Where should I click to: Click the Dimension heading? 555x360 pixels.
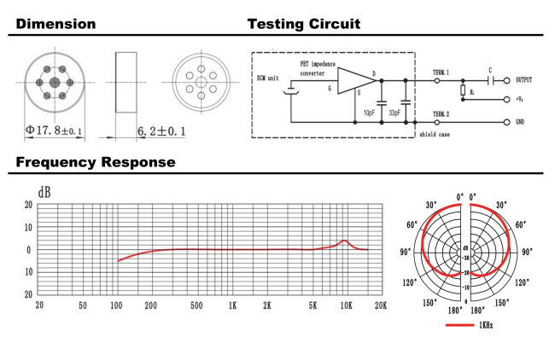[56, 24]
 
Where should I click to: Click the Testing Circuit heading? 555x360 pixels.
[303, 24]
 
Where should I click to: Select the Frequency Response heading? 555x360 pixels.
[96, 161]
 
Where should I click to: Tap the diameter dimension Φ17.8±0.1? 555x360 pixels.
[55, 132]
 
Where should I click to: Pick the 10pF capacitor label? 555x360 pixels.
[369, 112]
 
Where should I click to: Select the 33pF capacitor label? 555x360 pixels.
[395, 112]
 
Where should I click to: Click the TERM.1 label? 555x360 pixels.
[441, 73]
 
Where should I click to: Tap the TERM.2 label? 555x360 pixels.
[441, 113]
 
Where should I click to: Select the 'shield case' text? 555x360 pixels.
[435, 134]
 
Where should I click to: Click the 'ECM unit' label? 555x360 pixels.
[271, 78]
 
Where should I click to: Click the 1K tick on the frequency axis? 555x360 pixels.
[231, 305]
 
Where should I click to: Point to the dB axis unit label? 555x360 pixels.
[44, 193]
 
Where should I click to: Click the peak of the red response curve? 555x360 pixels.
[343, 241]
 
